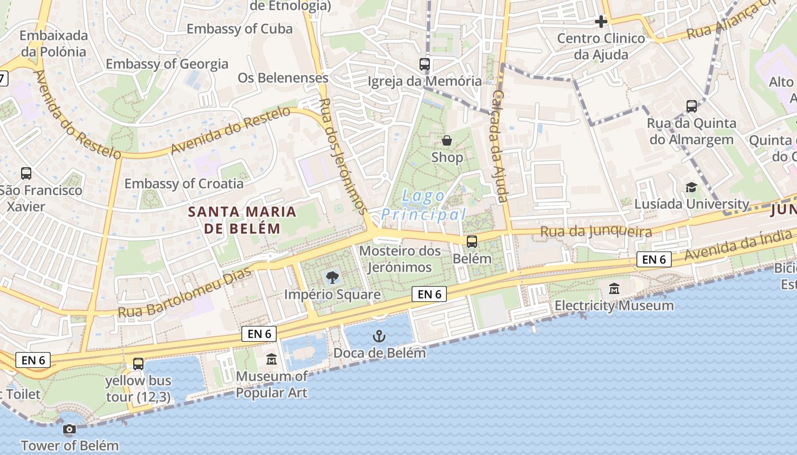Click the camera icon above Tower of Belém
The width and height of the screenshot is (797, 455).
tap(69, 429)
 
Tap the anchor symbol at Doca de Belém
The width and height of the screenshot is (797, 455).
tap(379, 337)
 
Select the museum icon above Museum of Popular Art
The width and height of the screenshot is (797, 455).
tap(272, 359)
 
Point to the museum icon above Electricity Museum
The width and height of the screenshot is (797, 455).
tap(614, 289)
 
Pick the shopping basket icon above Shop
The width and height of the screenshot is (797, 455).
tap(447, 140)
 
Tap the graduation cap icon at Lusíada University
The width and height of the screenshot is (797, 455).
tap(691, 188)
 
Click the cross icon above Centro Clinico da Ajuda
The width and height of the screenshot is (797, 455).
tap(601, 22)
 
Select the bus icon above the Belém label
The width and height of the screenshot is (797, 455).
tap(472, 242)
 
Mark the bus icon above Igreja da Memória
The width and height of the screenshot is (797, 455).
tap(425, 64)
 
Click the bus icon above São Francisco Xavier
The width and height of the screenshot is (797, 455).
tap(26, 173)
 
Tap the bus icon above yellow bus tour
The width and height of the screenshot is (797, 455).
tap(138, 364)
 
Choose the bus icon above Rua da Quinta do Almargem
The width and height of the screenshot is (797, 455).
tap(692, 106)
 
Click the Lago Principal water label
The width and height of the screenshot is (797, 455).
tap(424, 205)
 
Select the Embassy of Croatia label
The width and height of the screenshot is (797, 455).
tap(184, 184)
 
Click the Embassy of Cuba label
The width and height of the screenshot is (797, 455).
tap(240, 29)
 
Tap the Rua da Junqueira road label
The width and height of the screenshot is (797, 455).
tap(595, 231)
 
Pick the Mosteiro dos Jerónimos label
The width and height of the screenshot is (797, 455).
tap(400, 259)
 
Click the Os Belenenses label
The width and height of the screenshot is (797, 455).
tap(283, 78)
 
